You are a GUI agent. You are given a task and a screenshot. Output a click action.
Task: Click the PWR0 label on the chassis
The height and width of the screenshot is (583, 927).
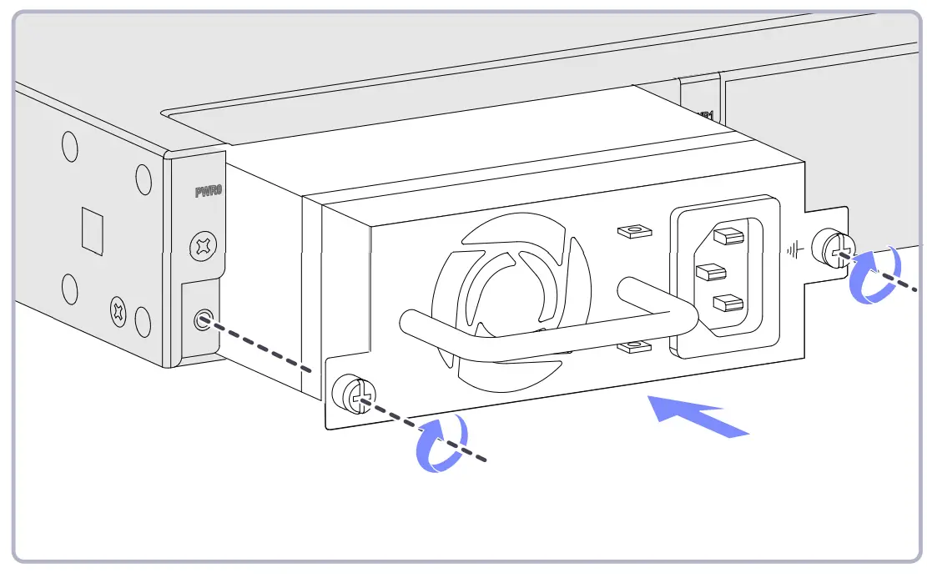click(207, 192)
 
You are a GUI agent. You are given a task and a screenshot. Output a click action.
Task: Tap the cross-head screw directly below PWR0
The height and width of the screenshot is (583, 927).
click(202, 245)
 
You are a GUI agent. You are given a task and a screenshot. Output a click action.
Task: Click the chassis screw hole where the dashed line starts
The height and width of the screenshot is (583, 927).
click(201, 319)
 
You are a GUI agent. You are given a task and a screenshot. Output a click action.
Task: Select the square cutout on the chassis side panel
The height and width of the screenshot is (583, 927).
click(92, 230)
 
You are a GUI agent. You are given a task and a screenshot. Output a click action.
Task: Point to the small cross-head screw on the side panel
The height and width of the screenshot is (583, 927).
click(118, 312)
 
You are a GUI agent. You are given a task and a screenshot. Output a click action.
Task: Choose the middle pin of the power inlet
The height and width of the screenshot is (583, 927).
click(709, 272)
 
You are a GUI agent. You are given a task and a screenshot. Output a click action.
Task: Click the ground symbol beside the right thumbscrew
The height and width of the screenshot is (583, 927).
click(798, 248)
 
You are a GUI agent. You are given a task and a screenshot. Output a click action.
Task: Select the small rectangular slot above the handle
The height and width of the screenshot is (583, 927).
click(632, 230)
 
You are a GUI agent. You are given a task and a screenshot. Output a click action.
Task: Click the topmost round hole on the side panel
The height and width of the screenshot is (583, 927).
click(70, 147)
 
